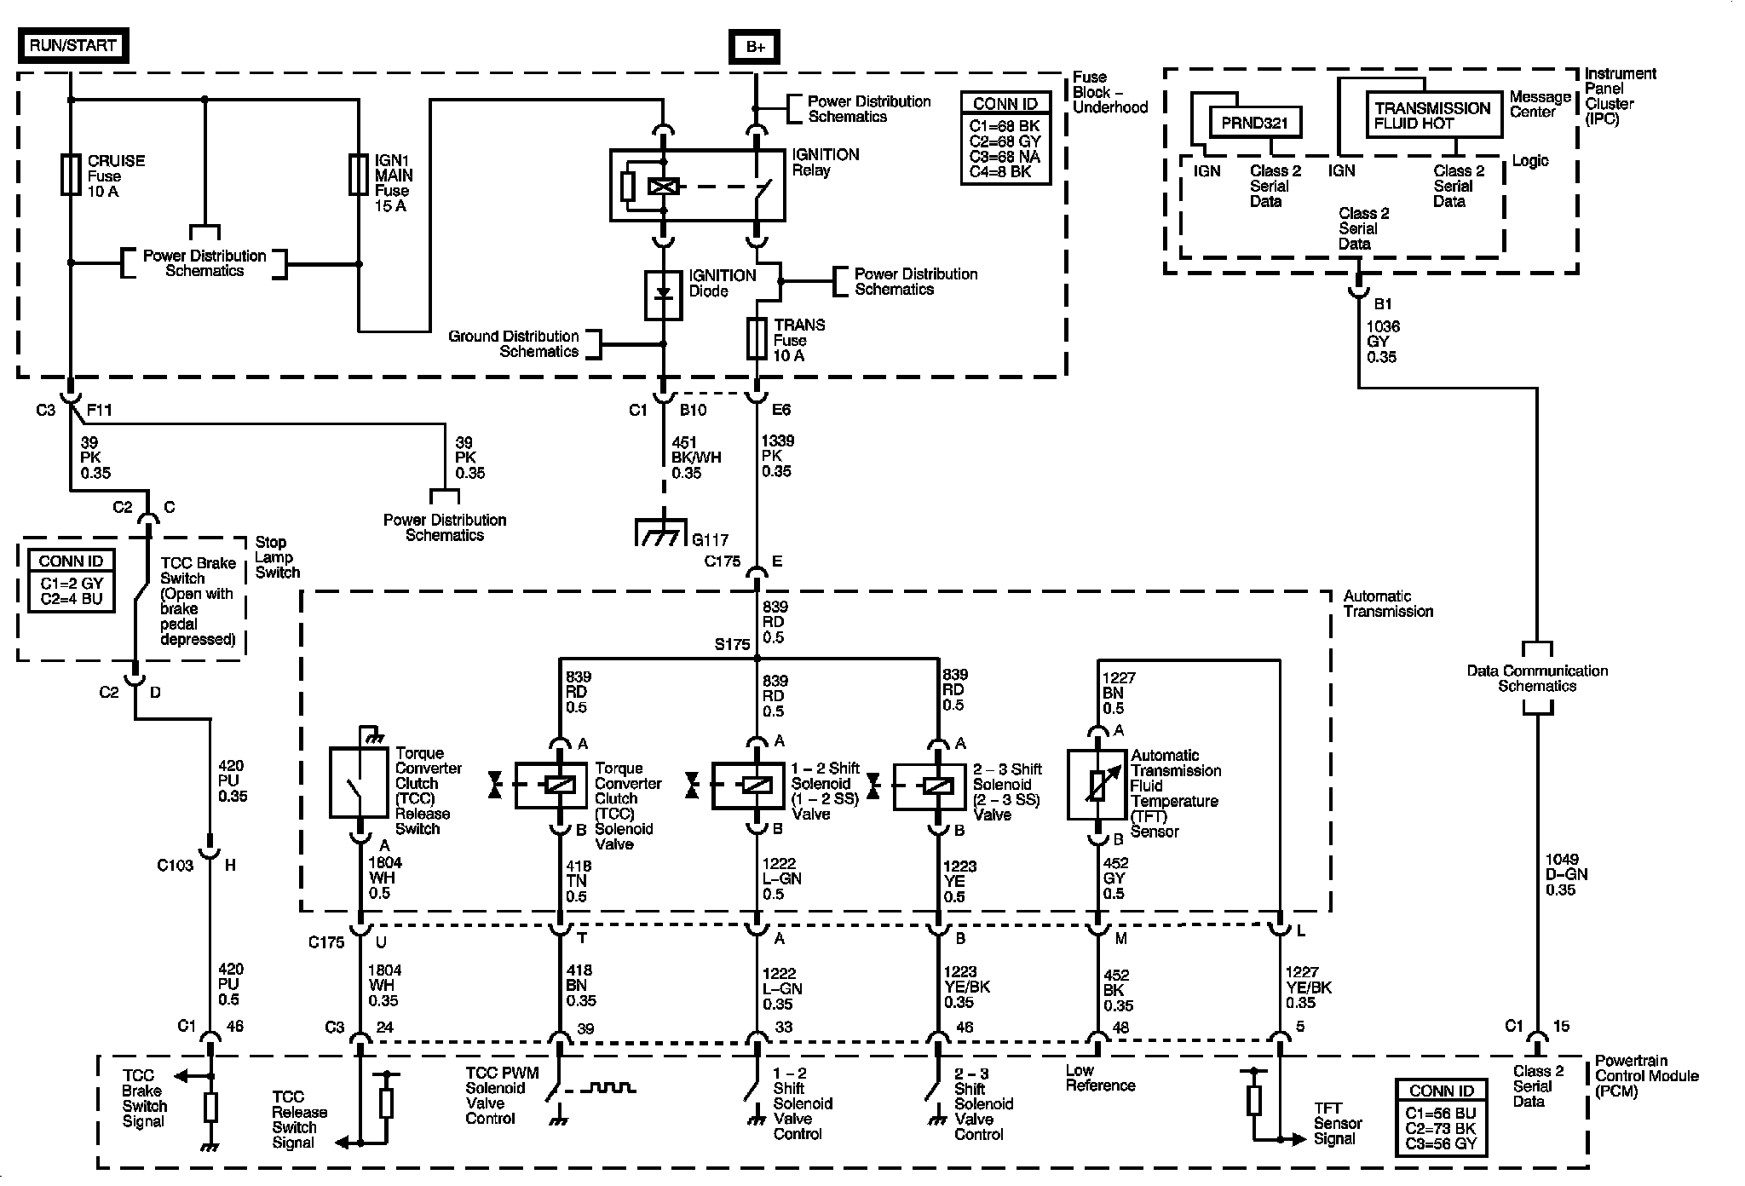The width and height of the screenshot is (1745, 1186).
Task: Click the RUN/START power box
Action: point(73,46)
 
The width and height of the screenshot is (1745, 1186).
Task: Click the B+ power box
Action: point(755,47)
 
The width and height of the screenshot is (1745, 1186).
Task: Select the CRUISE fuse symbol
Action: point(71,175)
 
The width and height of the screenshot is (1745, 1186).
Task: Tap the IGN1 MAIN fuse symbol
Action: point(359,175)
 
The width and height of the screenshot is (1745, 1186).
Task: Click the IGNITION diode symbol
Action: point(664,295)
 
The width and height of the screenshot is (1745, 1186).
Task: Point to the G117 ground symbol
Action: point(661,533)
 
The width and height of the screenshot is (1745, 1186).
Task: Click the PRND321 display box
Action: point(1255,123)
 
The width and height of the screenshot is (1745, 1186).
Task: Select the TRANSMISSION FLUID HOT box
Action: point(1433,115)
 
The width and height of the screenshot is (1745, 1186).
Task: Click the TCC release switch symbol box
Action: point(359,783)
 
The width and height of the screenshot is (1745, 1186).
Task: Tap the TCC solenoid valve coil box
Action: point(550,785)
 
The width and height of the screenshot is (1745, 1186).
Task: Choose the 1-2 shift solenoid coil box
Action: point(747,785)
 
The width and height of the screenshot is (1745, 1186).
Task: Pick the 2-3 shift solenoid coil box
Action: point(929,786)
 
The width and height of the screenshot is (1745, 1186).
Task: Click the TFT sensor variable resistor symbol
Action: point(1097,785)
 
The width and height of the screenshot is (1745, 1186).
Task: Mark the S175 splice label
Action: point(731,645)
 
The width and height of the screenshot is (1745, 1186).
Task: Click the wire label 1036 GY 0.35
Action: point(1382,342)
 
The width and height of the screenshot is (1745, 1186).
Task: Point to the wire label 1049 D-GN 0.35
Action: point(1562,875)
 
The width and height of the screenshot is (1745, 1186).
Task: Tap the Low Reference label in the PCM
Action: point(1100,1078)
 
